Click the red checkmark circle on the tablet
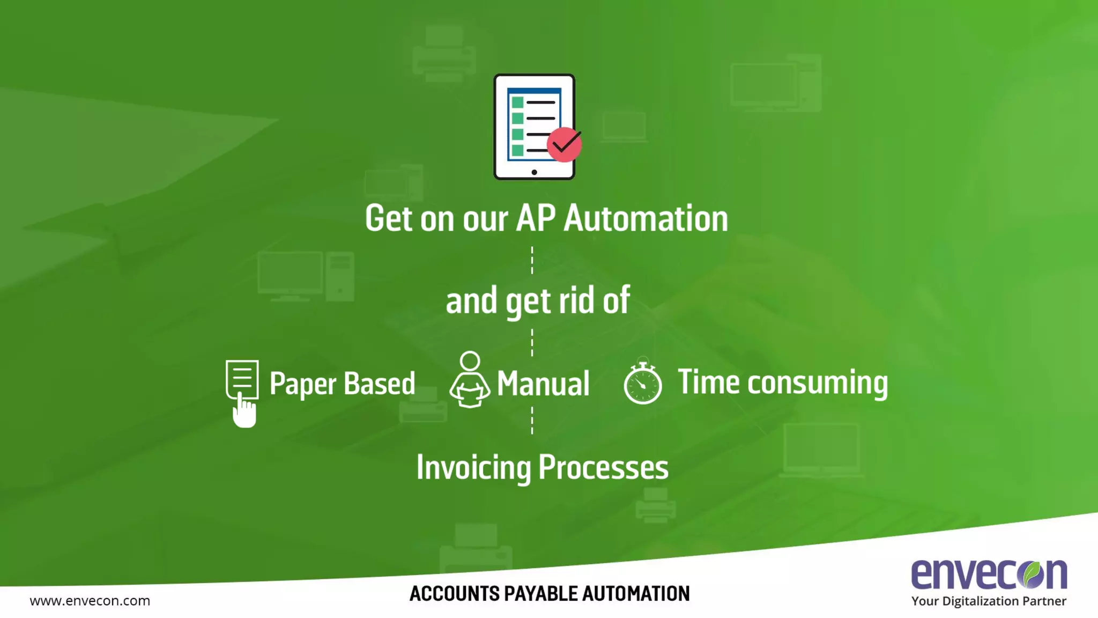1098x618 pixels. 564,144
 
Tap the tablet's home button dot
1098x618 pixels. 534,172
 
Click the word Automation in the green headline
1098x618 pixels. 646,219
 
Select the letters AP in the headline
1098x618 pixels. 536,219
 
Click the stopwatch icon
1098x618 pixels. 642,383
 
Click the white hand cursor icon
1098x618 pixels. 244,412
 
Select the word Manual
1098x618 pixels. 543,384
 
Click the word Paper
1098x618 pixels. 303,384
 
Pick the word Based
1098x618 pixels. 379,384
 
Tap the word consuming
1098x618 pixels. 818,383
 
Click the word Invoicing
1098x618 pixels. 473,468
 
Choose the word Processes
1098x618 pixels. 603,467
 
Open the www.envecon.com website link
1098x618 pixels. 90,601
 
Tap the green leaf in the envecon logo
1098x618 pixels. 1032,573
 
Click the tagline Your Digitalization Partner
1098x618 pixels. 989,601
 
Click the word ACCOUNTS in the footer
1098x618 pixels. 454,594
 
